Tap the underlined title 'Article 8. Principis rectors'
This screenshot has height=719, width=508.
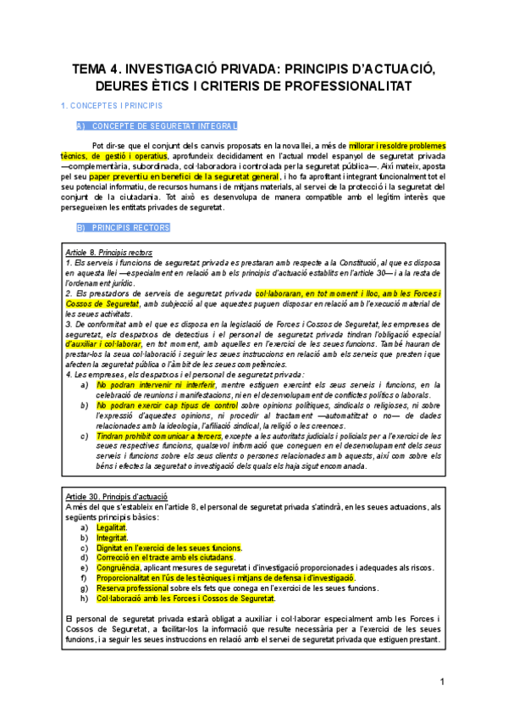coord(108,254)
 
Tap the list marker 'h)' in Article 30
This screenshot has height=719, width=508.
coord(84,599)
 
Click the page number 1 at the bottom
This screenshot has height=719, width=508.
coord(442,683)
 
